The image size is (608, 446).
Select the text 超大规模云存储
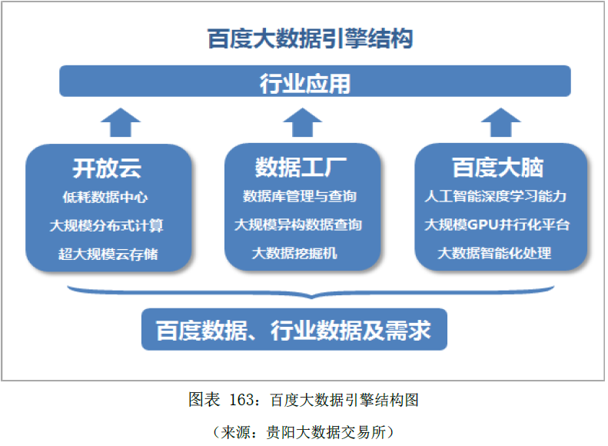(x=108, y=253)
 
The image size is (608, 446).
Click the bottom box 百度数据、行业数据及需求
(x=294, y=331)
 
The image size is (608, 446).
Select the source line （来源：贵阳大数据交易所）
(x=304, y=431)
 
